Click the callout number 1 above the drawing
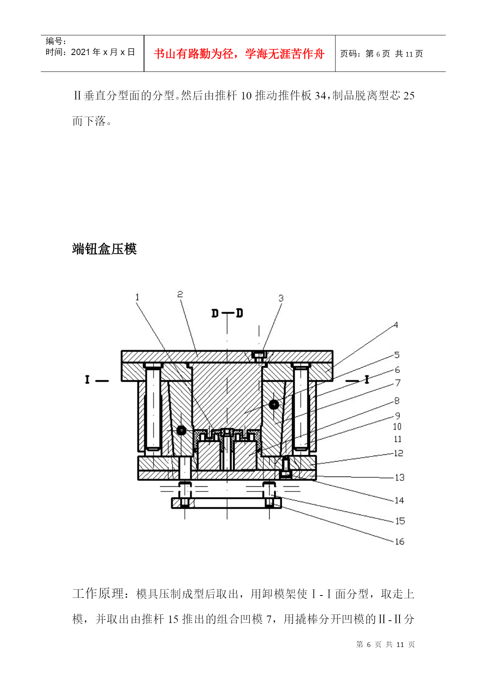pyautogui.click(x=137, y=297)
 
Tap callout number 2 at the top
pyautogui.click(x=180, y=294)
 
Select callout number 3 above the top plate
pyautogui.click(x=281, y=298)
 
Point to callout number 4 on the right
pyautogui.click(x=396, y=325)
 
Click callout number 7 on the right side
pyautogui.click(x=398, y=383)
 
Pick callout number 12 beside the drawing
pyautogui.click(x=398, y=453)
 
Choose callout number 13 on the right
pyautogui.click(x=399, y=478)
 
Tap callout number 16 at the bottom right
pyautogui.click(x=399, y=542)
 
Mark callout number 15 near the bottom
pyautogui.click(x=399, y=521)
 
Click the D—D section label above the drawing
pyautogui.click(x=227, y=313)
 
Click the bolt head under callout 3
pyautogui.click(x=259, y=357)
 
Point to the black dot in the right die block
pyautogui.click(x=274, y=404)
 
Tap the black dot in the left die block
pyautogui.click(x=181, y=430)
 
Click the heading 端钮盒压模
pyautogui.click(x=104, y=249)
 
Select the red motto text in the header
pyautogui.click(x=239, y=54)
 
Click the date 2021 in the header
pyautogui.click(x=80, y=52)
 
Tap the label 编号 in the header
pyautogui.click(x=54, y=41)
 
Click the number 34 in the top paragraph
pyautogui.click(x=320, y=95)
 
